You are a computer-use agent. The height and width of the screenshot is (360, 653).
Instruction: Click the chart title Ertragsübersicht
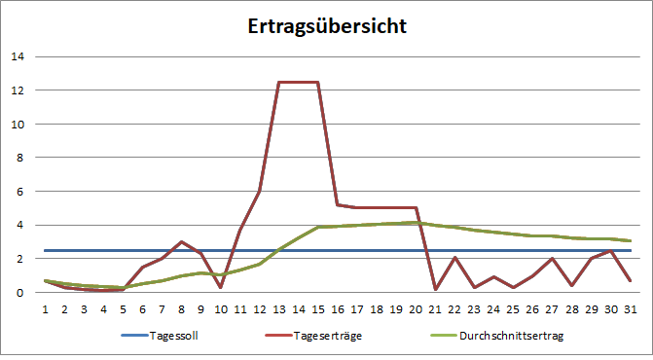tap(326, 25)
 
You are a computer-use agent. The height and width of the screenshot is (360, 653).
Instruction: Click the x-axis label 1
tap(45, 308)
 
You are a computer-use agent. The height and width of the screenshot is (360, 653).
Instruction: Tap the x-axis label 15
tap(318, 308)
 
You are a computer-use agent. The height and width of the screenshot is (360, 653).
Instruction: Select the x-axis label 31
tap(631, 308)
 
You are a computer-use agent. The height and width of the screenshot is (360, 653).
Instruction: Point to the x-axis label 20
tap(416, 308)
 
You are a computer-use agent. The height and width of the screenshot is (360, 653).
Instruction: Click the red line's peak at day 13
tap(279, 82)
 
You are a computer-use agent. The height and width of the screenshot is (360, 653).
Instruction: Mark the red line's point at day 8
tap(181, 241)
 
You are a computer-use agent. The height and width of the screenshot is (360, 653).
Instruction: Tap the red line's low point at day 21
tap(435, 289)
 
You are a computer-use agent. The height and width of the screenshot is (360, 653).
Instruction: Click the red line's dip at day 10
tap(221, 287)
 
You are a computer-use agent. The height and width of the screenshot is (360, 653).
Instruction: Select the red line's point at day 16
tap(338, 204)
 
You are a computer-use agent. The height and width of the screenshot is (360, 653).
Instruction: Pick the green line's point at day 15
tap(318, 227)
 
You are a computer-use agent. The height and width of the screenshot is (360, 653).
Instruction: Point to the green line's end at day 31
tap(631, 240)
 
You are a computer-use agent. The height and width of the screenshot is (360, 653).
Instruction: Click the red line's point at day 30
tap(611, 251)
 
